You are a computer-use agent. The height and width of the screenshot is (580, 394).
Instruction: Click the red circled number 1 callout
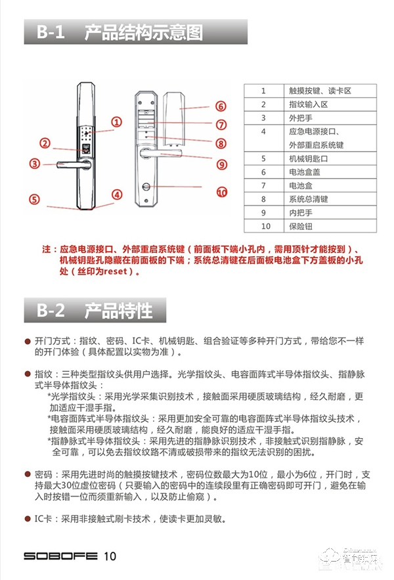point(116,122)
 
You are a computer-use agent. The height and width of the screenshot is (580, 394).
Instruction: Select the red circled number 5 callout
point(34,199)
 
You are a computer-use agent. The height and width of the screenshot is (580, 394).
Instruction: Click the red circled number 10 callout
point(221,192)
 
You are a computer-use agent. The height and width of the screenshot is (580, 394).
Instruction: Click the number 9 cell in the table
point(263,213)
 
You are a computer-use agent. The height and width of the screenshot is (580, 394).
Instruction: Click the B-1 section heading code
point(51,32)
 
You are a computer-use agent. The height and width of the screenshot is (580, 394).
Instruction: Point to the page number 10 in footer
point(109,556)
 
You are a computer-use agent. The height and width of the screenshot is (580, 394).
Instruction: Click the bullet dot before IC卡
point(28,518)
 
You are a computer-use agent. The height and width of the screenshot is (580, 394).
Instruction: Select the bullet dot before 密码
point(28,474)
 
